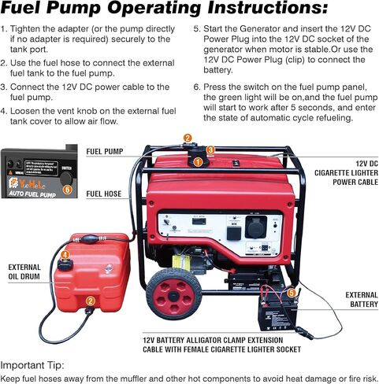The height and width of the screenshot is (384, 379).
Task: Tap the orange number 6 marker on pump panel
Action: tap(68, 189)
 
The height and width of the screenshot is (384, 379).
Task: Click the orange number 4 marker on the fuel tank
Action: tap(65, 255)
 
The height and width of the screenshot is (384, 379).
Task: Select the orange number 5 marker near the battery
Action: tap(292, 292)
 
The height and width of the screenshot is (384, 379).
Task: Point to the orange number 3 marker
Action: tap(210, 150)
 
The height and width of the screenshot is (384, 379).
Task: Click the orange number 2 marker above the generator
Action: tap(188, 138)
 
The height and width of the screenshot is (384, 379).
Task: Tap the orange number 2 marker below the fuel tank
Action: tap(91, 300)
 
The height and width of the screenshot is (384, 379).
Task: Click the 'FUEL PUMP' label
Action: tap(104, 151)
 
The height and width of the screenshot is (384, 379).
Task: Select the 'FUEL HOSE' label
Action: tap(103, 193)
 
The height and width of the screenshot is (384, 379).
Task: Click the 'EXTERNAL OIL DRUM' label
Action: tap(25, 272)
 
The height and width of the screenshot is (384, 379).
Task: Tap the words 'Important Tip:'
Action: tap(38, 364)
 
